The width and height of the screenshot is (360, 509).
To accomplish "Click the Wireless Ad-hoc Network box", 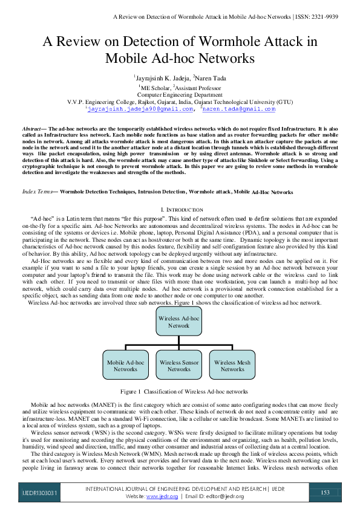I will point(178,322).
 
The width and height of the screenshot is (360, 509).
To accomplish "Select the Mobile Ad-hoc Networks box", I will point(126,365).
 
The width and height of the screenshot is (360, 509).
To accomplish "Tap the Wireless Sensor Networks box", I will point(179,365).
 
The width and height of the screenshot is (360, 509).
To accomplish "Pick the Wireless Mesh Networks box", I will point(232,365).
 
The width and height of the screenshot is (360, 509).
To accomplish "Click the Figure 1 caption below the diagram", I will point(180,392).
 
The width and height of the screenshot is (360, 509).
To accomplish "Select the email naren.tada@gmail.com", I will point(239,109).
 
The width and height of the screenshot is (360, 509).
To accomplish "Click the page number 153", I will point(325,492).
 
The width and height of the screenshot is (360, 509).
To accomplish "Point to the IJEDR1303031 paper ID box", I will point(38,493).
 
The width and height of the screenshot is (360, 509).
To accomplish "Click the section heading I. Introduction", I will point(180,209).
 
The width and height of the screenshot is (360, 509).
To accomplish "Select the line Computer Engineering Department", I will point(180,95).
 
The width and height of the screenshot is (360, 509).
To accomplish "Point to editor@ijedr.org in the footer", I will point(226,496).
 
